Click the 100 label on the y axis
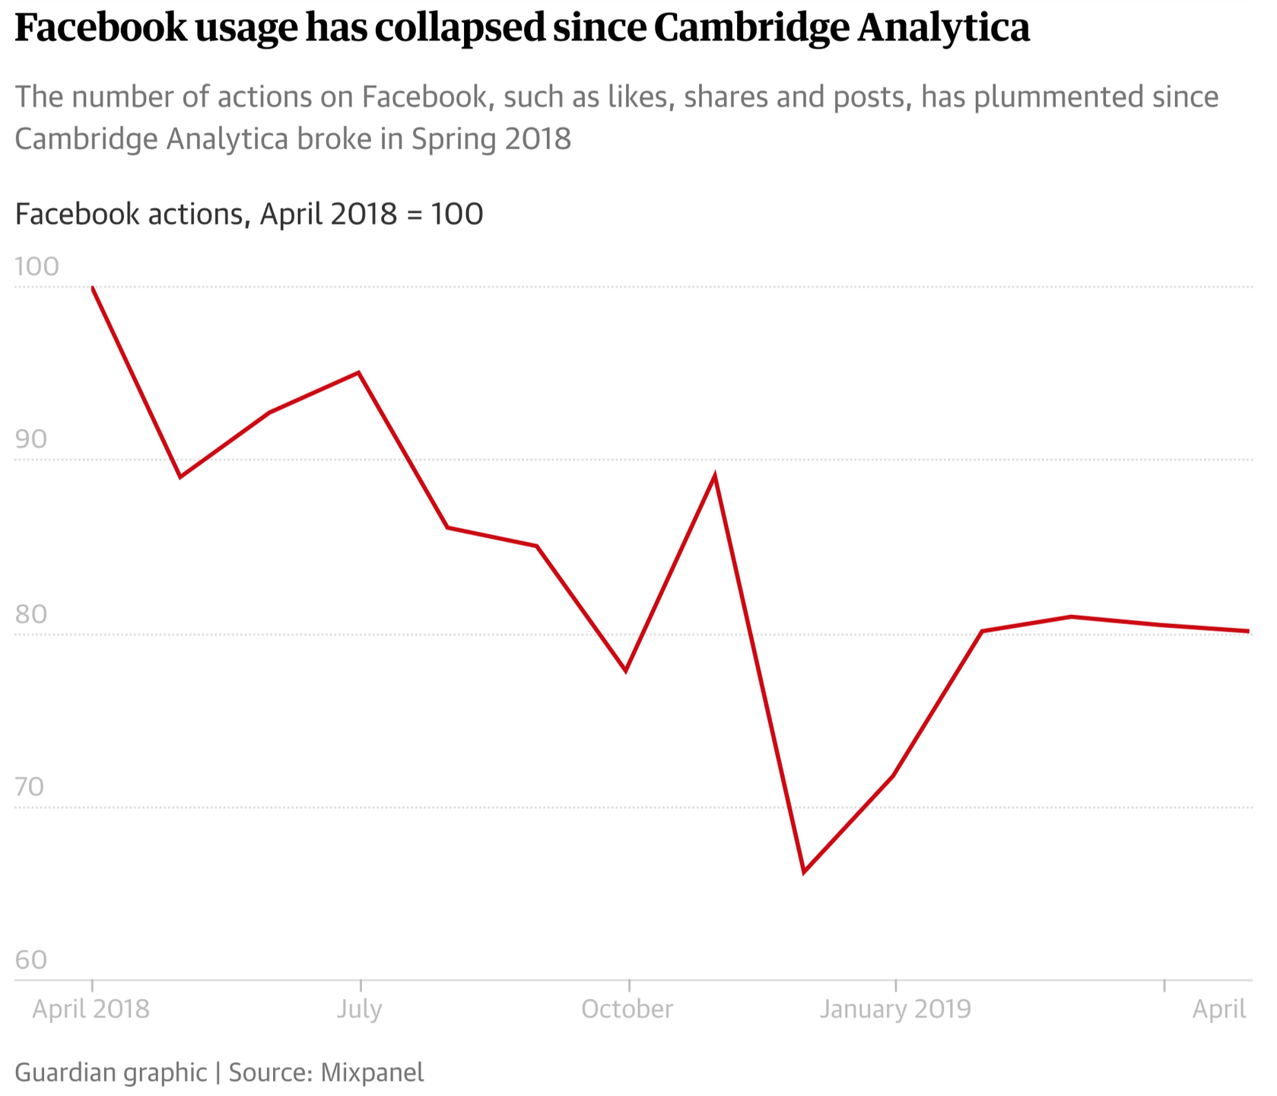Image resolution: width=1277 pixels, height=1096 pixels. (x=37, y=267)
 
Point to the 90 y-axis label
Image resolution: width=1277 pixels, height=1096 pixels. (x=31, y=440)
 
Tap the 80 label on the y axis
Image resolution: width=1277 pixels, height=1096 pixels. (x=31, y=614)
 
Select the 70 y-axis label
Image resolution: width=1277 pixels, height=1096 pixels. (x=31, y=787)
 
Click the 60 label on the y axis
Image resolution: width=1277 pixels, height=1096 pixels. (x=31, y=961)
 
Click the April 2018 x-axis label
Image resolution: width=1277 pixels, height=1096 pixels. (x=91, y=1009)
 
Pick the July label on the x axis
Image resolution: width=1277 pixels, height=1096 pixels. (x=359, y=1009)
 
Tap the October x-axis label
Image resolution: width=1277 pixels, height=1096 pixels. (x=627, y=1009)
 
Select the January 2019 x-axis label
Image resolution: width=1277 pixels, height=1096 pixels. (x=895, y=1009)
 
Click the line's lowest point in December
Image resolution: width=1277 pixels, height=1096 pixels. (x=804, y=872)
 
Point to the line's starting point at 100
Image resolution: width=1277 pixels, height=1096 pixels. (x=92, y=288)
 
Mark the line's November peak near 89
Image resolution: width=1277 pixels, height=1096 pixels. (x=715, y=476)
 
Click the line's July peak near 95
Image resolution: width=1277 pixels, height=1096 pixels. (x=359, y=372)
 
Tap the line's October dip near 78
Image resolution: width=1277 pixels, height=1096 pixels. (x=626, y=671)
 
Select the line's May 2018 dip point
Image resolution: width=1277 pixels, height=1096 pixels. (x=180, y=477)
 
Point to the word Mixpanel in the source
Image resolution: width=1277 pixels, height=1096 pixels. (x=372, y=1072)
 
